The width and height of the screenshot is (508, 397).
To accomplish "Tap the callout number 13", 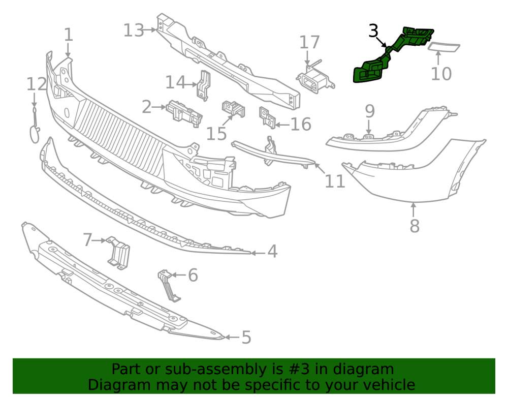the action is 134,30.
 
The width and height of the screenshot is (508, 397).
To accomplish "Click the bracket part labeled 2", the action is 184,113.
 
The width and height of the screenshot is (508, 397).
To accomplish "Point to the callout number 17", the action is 309,43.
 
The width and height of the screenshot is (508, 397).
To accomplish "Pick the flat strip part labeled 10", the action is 444,47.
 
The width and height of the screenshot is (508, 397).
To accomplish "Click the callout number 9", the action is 370,111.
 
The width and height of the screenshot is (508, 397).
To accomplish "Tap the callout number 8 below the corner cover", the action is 415,226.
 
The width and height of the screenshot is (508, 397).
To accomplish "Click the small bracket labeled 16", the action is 267,117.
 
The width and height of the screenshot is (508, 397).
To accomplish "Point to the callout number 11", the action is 335,181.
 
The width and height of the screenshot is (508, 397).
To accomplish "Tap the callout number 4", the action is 272,252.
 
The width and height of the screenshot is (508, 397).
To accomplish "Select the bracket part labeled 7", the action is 118,253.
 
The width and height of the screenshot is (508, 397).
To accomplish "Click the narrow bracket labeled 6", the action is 169,286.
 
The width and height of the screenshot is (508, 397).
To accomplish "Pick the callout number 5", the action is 246,338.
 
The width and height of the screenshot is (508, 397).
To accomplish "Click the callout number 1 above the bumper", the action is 69,35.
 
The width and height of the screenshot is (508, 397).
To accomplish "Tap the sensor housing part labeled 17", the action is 315,79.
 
